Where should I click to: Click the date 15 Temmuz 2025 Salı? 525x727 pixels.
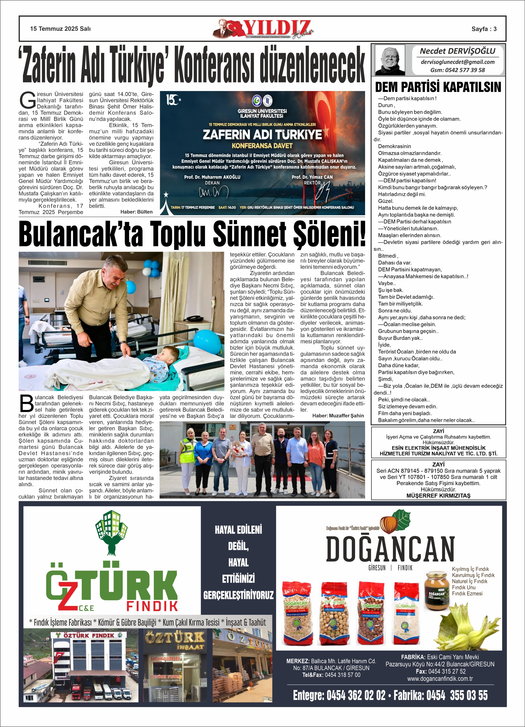(x=60, y=29)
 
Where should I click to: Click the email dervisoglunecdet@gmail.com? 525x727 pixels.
(x=457, y=62)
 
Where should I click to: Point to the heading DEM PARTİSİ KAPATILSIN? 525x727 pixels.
(x=438, y=87)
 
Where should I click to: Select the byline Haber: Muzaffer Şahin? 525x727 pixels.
(x=338, y=415)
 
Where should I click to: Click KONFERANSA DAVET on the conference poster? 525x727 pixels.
(x=262, y=146)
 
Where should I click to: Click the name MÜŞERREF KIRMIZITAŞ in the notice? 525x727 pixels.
(x=438, y=496)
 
